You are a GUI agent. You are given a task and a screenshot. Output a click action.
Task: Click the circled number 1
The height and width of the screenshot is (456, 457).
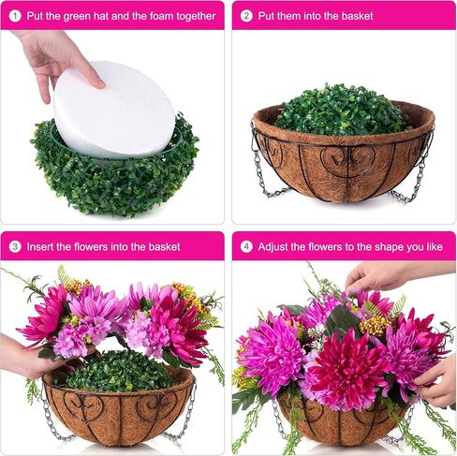click(x=15, y=16)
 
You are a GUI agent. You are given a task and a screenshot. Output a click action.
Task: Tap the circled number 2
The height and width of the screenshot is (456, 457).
click(x=247, y=16)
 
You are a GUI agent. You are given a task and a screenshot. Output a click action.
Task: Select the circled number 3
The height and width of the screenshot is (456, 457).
click(x=15, y=247)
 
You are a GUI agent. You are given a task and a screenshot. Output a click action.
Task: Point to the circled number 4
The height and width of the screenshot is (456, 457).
click(x=247, y=247)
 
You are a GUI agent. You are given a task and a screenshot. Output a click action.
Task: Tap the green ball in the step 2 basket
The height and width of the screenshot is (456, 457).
click(x=342, y=110)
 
